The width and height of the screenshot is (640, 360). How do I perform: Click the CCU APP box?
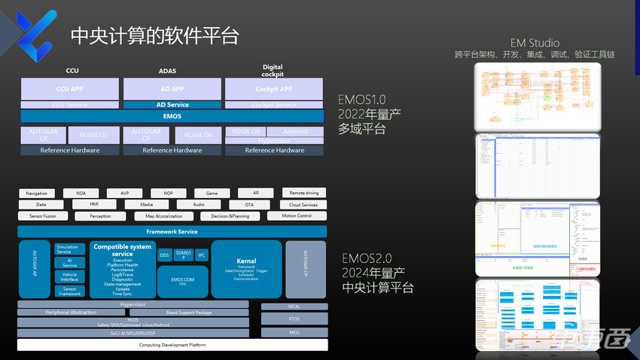tap(72, 89)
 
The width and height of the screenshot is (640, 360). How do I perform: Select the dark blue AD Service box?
tap(172, 105)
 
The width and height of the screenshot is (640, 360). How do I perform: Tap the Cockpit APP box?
tap(273, 89)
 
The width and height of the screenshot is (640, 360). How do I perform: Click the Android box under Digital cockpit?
tap(295, 131)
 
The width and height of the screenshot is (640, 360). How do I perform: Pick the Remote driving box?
tap(304, 194)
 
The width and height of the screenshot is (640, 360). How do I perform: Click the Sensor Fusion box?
tap(43, 216)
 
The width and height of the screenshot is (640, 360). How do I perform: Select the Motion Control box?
tap(296, 216)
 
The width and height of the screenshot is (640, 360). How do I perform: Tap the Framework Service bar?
tap(172, 232)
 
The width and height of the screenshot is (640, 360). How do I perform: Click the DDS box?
tap(164, 255)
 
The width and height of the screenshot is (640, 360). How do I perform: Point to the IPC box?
tap(202, 255)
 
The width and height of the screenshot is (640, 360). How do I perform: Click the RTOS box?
tap(294, 319)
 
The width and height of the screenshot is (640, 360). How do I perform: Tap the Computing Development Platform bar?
tap(172, 345)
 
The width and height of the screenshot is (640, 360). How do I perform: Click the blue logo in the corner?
tap(35, 30)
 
